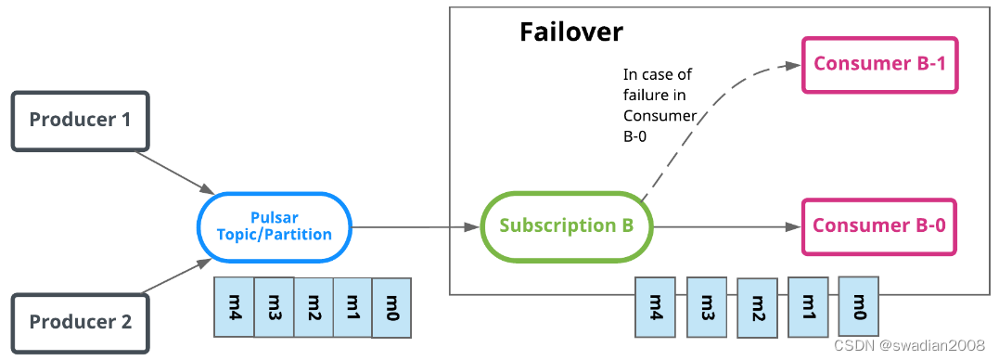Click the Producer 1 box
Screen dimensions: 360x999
79,120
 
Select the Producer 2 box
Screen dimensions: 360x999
79,322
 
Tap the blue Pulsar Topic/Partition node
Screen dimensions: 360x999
274,225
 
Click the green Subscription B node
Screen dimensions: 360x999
567,225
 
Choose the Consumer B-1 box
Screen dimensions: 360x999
879,64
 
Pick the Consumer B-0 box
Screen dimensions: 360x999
879,225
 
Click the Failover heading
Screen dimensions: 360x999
570,32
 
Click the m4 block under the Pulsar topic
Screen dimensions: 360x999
234,305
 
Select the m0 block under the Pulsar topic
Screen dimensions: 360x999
391,305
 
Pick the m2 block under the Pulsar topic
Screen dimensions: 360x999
313,305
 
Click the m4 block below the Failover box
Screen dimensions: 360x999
655,306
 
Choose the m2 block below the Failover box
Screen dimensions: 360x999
757,307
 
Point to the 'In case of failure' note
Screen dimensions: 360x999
660,105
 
